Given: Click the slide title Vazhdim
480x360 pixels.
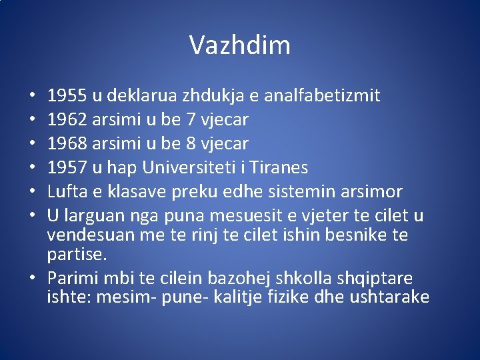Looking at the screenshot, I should click(x=240, y=45).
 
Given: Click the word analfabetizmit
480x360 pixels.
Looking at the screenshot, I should click(x=322, y=96).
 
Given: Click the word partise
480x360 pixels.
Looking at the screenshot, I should click(x=75, y=255).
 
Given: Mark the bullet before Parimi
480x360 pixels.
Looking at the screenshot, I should click(x=33, y=278).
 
